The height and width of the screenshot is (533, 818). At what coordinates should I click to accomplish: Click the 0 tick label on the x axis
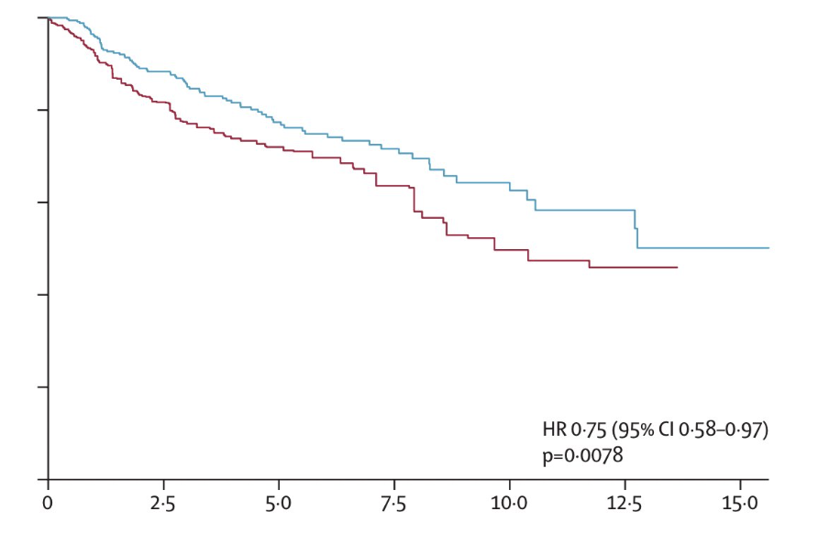click(x=49, y=503)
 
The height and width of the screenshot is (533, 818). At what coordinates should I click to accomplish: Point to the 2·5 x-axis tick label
click(x=163, y=503)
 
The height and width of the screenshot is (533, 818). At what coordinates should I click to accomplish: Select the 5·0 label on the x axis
click(x=279, y=503)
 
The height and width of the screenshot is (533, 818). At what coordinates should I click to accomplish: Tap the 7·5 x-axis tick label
click(x=394, y=503)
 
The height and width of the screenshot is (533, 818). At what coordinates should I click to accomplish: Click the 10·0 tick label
click(x=510, y=503)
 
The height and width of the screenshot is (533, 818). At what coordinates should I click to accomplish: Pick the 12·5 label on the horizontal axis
click(x=625, y=503)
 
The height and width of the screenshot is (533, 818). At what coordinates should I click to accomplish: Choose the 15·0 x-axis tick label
click(x=741, y=503)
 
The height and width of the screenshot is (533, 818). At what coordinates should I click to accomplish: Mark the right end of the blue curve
click(x=768, y=248)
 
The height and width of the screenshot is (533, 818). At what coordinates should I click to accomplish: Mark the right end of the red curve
click(x=677, y=267)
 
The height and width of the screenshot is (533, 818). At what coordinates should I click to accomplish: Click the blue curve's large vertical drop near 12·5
click(x=636, y=229)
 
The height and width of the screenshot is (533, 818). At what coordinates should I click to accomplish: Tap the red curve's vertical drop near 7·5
click(x=415, y=201)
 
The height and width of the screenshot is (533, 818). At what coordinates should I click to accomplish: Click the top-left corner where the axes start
click(x=48, y=17)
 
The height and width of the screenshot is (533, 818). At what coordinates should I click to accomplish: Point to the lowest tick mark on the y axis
click(x=43, y=386)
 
